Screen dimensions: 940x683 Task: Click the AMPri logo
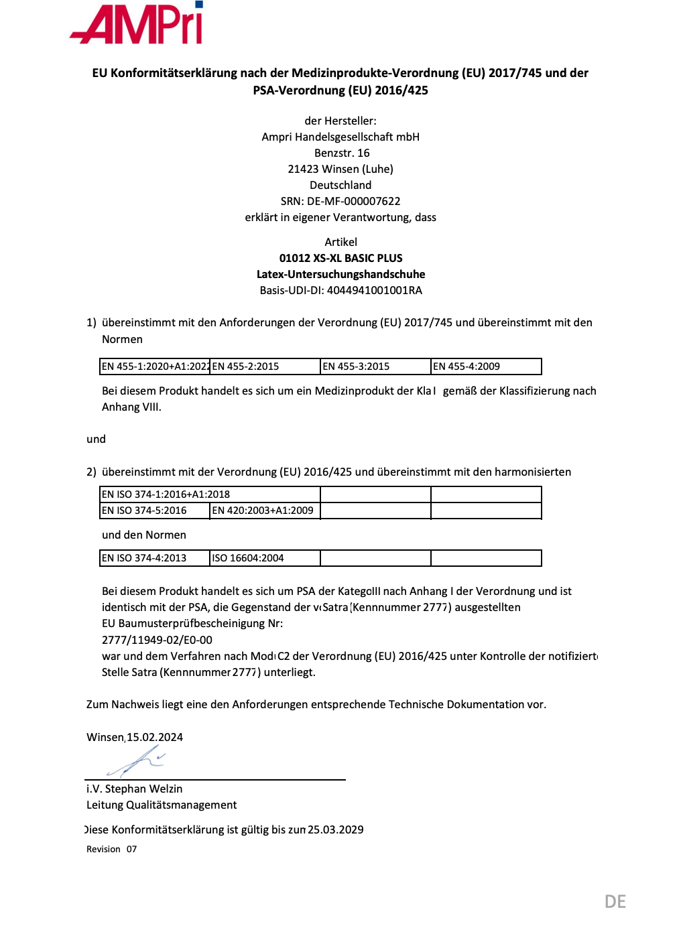tap(137, 23)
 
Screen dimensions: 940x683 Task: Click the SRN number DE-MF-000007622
tap(353, 201)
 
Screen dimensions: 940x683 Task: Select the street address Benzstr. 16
tap(342, 153)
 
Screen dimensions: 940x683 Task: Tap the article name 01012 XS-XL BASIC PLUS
tap(340, 258)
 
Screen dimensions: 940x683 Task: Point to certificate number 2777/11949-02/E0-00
tap(157, 640)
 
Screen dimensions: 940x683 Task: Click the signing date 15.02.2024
tap(155, 737)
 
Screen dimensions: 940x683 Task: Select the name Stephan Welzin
tap(143, 789)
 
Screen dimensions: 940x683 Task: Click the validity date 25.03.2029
tap(336, 829)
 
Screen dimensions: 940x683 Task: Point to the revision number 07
tap(131, 849)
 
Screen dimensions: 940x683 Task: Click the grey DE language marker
tap(615, 901)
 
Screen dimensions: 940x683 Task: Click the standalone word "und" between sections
tap(96, 439)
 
